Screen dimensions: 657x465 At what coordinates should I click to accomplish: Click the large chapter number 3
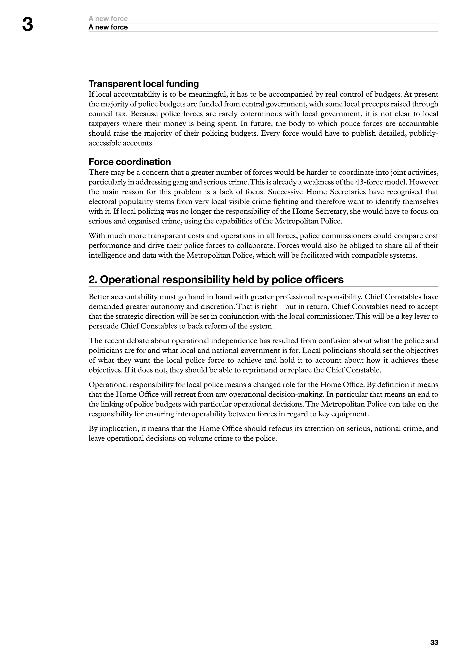point(27,25)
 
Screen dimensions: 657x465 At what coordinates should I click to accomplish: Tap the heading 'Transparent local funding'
point(143,84)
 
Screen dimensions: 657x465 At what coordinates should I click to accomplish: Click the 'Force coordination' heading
point(129,162)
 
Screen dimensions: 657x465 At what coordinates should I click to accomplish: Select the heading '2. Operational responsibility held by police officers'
point(216,279)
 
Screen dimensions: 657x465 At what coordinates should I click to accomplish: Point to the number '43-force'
point(370,182)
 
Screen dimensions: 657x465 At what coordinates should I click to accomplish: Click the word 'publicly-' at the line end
point(423,134)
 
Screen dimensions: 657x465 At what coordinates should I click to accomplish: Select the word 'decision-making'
point(295,395)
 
